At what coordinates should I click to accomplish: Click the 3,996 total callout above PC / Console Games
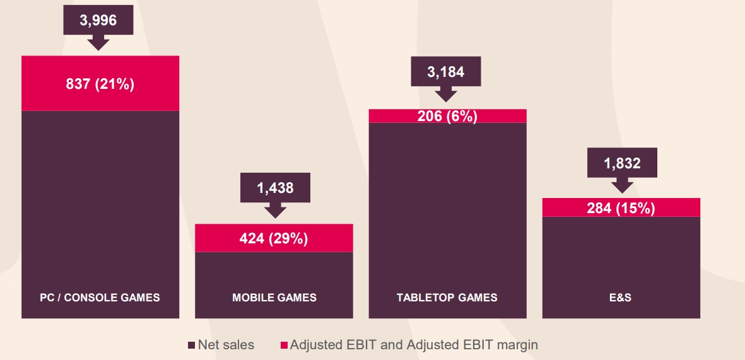pos(98,20)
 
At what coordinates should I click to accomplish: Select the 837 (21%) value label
pos(100,84)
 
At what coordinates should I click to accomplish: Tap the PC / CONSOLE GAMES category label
pos(100,297)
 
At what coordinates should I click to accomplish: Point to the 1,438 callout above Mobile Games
pos(275,187)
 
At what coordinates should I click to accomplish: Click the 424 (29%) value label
pos(274,239)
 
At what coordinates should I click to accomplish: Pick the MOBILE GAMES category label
pos(274,297)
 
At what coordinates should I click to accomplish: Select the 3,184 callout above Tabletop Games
pos(445,72)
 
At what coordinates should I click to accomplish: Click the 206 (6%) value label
pos(447,117)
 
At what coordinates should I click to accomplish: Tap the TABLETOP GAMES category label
pos(447,297)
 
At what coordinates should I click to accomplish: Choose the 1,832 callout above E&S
pos(622,163)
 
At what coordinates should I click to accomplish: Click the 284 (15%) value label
pos(621,208)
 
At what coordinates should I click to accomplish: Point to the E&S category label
pos(621,297)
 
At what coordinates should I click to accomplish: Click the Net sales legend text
pos(226,345)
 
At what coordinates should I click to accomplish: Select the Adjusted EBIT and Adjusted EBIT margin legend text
pos(414,345)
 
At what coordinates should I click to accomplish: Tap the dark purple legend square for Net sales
pos(192,345)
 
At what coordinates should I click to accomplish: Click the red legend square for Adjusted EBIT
pos(284,345)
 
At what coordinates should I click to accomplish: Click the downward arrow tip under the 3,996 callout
pos(98,48)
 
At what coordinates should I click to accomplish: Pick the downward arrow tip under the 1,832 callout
pos(622,190)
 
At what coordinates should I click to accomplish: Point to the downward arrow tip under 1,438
pos(275,216)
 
